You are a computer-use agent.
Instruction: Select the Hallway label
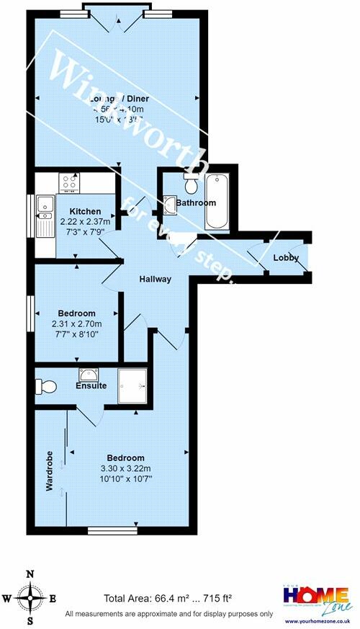(x=155, y=280)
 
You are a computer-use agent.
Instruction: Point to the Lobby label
(x=286, y=258)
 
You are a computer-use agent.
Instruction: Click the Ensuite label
(x=91, y=386)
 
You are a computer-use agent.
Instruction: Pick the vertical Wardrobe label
(x=50, y=473)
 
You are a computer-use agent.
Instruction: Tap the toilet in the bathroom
(x=191, y=184)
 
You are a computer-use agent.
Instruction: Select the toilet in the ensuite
(x=46, y=387)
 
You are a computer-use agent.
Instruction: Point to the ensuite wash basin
(x=90, y=374)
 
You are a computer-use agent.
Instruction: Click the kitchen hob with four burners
(x=70, y=183)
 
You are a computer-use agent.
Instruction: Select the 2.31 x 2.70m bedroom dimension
(x=77, y=324)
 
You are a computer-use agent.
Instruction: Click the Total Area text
(x=168, y=598)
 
